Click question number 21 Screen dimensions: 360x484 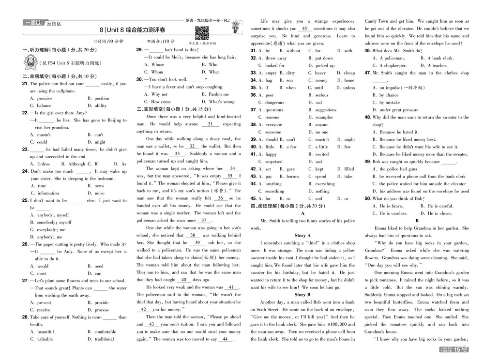25,84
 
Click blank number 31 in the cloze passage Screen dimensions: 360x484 210,124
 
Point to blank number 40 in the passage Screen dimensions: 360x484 183,280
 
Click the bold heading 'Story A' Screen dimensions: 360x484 302,236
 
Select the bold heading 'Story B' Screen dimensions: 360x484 302,295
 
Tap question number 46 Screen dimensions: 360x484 367,51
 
